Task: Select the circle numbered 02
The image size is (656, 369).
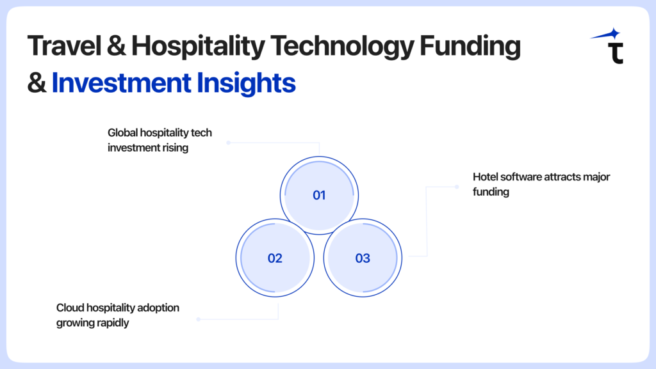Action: click(x=275, y=258)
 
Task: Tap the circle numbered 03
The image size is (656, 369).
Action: click(x=363, y=258)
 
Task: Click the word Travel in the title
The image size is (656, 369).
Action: click(x=65, y=45)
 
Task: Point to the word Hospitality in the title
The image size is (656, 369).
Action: click(x=199, y=46)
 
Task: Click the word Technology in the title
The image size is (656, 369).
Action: click(x=342, y=46)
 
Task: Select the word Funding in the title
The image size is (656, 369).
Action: click(x=470, y=46)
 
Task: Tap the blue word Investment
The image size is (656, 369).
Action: click(x=121, y=82)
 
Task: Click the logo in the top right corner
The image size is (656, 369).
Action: click(x=607, y=45)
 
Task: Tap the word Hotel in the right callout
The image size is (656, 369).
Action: click(x=486, y=177)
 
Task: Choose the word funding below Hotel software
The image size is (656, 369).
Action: click(x=491, y=192)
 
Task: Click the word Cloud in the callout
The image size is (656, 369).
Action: click(x=67, y=308)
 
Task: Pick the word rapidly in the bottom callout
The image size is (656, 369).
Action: click(x=113, y=323)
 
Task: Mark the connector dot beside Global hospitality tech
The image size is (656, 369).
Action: click(x=229, y=143)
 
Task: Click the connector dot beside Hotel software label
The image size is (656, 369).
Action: click(x=457, y=187)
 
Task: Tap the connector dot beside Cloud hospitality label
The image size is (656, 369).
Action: click(x=199, y=319)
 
